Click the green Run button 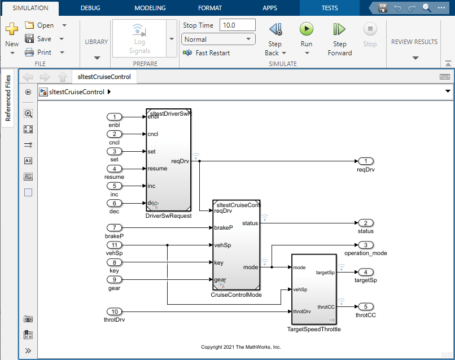306,29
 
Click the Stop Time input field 237,25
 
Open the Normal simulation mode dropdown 218,39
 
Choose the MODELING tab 150,8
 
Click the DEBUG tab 91,8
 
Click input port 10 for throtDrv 115,311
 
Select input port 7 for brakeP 115,227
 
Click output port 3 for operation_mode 365,245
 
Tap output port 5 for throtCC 365,306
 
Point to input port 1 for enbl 115,116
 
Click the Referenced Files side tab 8,98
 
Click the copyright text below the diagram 241,347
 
